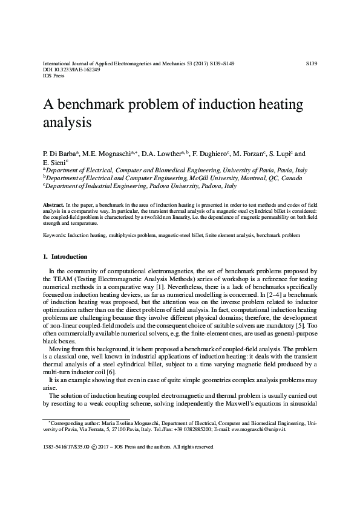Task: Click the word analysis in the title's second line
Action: pyautogui.click(x=67, y=123)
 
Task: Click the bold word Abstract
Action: pyautogui.click(x=53, y=206)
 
